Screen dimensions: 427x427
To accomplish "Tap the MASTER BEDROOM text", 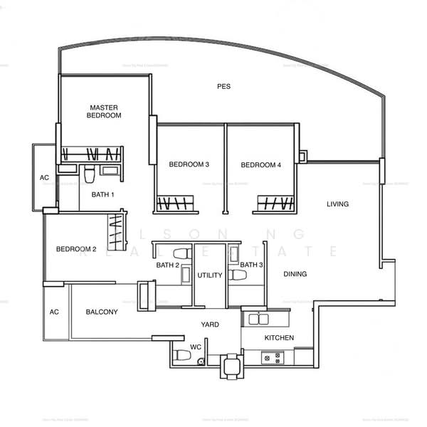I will point(104,110).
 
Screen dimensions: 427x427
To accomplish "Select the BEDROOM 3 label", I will point(189,165).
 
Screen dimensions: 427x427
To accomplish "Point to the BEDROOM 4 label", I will point(261,165).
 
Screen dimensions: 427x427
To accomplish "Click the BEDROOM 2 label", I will point(76,249).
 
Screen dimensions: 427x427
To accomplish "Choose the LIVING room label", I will point(337,204).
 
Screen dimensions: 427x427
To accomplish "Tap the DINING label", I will point(295,274).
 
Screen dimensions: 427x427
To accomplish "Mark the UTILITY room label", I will point(210,275).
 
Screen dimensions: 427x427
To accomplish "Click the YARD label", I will point(210,325).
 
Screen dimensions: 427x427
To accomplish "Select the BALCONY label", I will point(102,312).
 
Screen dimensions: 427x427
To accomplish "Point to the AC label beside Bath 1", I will point(44,178).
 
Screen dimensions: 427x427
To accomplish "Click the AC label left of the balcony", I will point(53,312).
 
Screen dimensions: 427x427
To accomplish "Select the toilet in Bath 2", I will point(181,253).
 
